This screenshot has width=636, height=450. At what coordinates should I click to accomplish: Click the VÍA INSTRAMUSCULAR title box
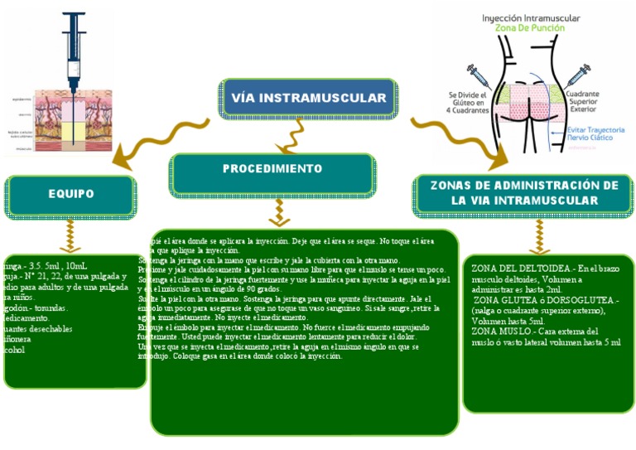coord(309,99)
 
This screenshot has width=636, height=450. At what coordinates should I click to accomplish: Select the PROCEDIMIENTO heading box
coord(272,169)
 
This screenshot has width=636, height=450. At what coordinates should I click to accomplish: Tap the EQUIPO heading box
coord(70,195)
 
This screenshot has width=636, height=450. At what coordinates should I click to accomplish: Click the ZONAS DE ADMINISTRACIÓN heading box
coord(525,193)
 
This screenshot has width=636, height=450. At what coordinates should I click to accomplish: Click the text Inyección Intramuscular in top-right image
coord(531,17)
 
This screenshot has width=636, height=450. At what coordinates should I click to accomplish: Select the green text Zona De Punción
coord(530,28)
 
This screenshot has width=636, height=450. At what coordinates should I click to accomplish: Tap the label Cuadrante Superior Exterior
coord(594,100)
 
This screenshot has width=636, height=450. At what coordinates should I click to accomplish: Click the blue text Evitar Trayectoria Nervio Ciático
coord(595,135)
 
